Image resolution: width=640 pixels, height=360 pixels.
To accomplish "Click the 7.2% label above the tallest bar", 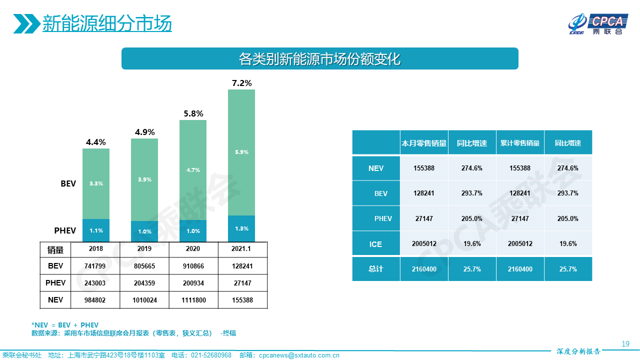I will pyautogui.click(x=241, y=83).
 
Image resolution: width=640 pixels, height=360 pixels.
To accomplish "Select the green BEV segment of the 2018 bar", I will pyautogui.click(x=96, y=183).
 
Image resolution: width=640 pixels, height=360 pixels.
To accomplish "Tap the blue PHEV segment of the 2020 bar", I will pyautogui.click(x=193, y=231).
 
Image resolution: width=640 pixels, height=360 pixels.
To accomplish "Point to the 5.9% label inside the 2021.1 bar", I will pyautogui.click(x=241, y=152).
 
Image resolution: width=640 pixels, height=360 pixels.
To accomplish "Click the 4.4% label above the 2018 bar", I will pyautogui.click(x=96, y=142).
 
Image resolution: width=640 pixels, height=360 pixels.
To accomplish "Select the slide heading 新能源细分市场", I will pyautogui.click(x=107, y=23).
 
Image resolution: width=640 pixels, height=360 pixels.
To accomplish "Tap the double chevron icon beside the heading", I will pyautogui.click(x=26, y=23).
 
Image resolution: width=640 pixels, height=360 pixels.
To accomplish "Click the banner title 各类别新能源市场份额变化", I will pyautogui.click(x=320, y=59).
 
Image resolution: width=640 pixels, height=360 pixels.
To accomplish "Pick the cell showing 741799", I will pyautogui.click(x=96, y=266).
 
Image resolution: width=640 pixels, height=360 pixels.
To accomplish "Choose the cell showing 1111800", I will pyautogui.click(x=193, y=300).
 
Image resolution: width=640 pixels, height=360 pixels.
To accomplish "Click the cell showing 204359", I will pyautogui.click(x=144, y=283).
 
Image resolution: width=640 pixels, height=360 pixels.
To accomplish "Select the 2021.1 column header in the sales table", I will pyautogui.click(x=241, y=248).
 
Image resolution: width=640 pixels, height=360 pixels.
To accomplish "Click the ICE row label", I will pyautogui.click(x=375, y=244).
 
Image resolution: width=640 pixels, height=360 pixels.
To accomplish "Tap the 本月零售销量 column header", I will pyautogui.click(x=424, y=143).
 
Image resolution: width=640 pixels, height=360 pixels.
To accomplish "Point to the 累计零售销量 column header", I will pyautogui.click(x=520, y=143).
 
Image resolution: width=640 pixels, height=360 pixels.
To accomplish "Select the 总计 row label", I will pyautogui.click(x=375, y=269).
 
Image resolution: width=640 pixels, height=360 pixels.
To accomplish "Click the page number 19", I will pyautogui.click(x=625, y=343).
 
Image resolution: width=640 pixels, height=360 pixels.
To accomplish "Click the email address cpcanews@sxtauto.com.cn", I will pyautogui.click(x=299, y=355).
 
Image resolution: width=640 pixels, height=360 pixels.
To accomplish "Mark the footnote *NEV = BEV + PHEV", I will pyautogui.click(x=65, y=325).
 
